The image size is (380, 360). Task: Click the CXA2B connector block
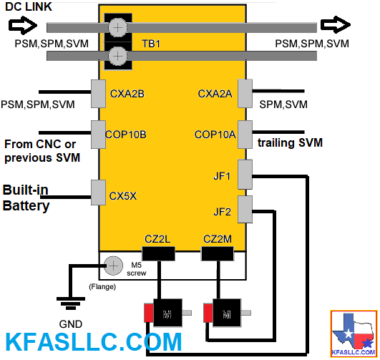coord(98,94)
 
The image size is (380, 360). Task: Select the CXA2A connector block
coord(245,93)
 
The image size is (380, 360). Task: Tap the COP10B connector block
coord(98,135)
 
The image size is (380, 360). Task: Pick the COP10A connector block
coord(245,135)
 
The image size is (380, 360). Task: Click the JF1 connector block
coord(245,175)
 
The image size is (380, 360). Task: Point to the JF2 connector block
coord(245,210)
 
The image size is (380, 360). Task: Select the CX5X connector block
coord(98,193)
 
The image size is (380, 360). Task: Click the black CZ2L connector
coord(158,253)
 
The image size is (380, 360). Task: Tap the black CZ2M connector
coord(218,253)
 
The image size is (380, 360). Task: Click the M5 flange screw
coord(113,266)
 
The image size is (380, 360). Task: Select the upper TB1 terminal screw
coord(118,28)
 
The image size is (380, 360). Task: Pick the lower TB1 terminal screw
coord(118,57)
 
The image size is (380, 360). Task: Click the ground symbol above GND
coord(71,303)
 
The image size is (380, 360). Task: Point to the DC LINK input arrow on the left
coord(23,25)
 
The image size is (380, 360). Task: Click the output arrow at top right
coord(336,24)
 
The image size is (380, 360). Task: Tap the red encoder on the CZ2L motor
coord(149,313)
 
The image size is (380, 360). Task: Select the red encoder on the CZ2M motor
coord(208,313)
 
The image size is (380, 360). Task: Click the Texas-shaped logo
coord(354,334)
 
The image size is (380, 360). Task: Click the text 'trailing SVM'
coord(290,142)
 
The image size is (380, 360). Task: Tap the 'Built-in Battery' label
coord(26,198)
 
